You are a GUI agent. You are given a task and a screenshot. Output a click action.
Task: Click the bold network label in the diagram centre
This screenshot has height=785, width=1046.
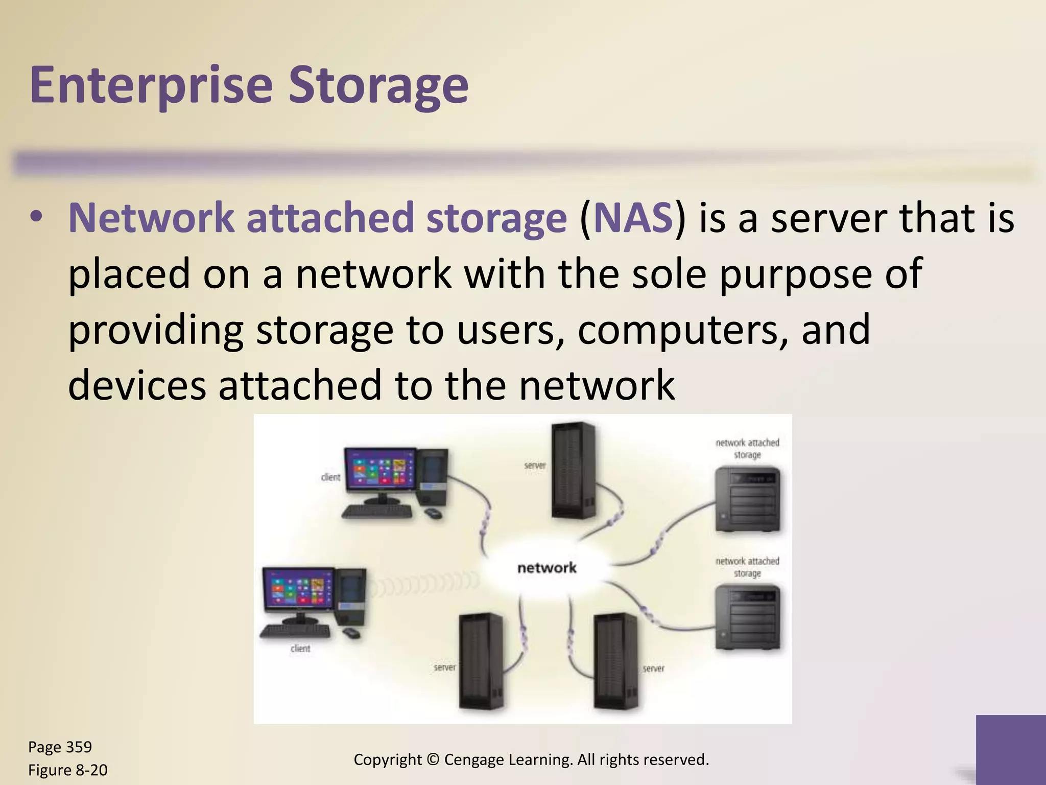tap(546, 568)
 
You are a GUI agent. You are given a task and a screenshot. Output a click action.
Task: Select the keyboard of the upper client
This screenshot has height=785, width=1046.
tap(377, 511)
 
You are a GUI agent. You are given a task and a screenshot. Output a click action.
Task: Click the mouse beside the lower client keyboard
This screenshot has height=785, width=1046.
tap(351, 633)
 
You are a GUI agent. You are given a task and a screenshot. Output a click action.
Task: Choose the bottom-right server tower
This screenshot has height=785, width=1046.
tap(615, 661)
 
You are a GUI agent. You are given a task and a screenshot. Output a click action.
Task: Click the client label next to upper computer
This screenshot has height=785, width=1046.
tap(330, 477)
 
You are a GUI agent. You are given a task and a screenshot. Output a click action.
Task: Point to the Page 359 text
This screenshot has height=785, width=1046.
tap(60, 747)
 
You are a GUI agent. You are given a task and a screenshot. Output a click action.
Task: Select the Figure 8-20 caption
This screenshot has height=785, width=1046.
tap(67, 770)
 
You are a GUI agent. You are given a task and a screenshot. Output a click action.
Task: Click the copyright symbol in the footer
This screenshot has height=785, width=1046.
tap(433, 760)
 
